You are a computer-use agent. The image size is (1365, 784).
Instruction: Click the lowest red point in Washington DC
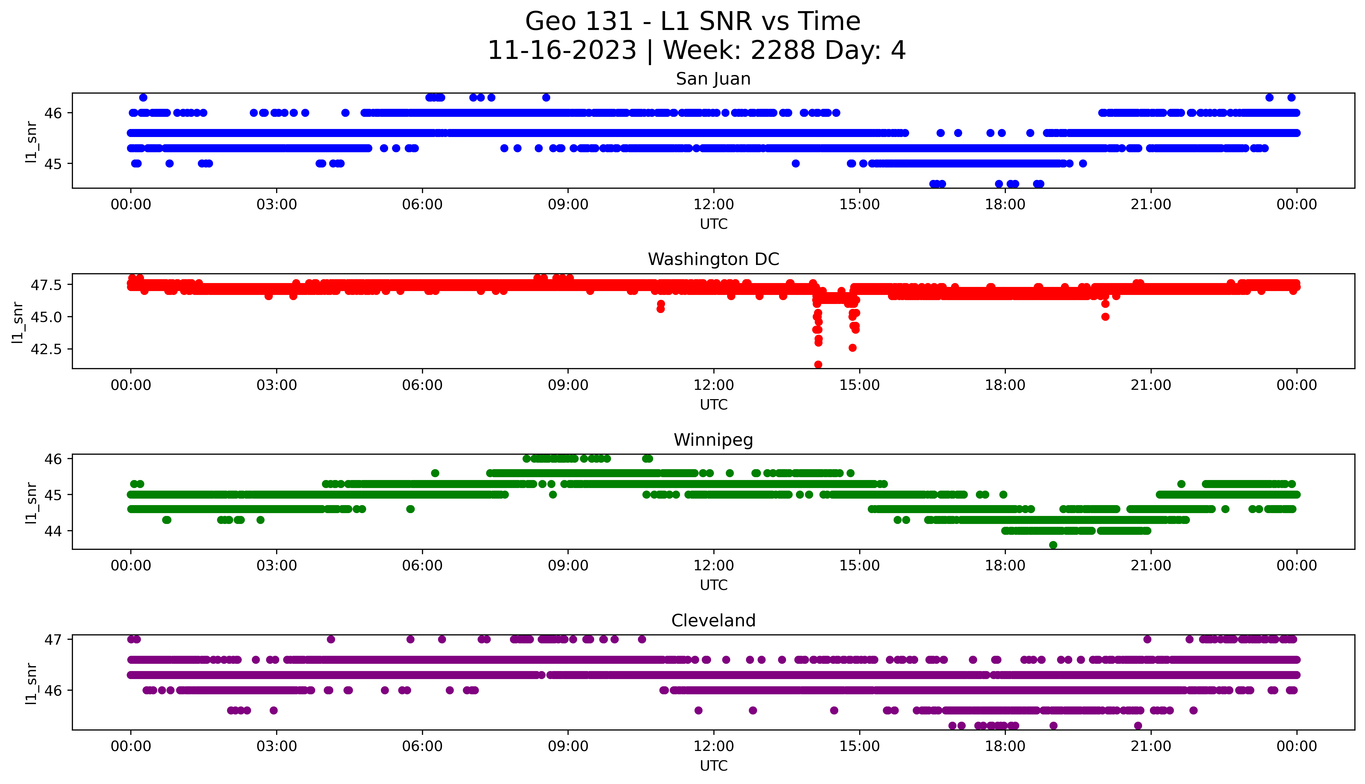tap(818, 364)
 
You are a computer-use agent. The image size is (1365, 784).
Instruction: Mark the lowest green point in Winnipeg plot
tap(1053, 545)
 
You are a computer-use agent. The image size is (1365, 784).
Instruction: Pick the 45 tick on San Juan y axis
tap(54, 164)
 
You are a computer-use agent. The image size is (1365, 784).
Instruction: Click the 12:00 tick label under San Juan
tap(713, 205)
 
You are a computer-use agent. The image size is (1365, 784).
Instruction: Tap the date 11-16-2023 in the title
tap(562, 51)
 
